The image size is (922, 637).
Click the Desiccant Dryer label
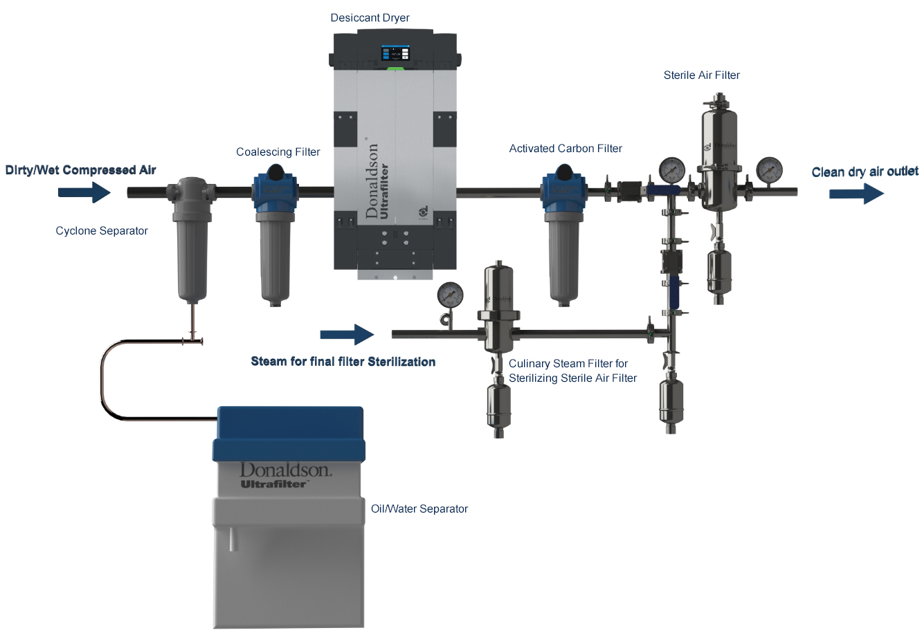coord(370,18)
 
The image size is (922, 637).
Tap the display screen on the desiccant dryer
coord(395,53)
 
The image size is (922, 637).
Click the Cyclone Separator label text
coord(102,231)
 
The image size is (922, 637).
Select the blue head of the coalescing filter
coord(275,191)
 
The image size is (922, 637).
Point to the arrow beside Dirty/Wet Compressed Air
coord(84,192)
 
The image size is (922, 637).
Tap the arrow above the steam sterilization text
coord(347,335)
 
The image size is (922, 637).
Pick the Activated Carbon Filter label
coord(566,149)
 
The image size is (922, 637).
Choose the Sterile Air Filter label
coord(701,75)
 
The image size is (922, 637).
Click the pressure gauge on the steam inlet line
coord(451,295)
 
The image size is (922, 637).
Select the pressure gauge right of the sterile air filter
coord(769,168)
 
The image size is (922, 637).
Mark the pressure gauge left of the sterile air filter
coord(671,168)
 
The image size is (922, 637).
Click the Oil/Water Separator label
coord(419,509)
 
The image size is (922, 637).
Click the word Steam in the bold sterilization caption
coord(268,362)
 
